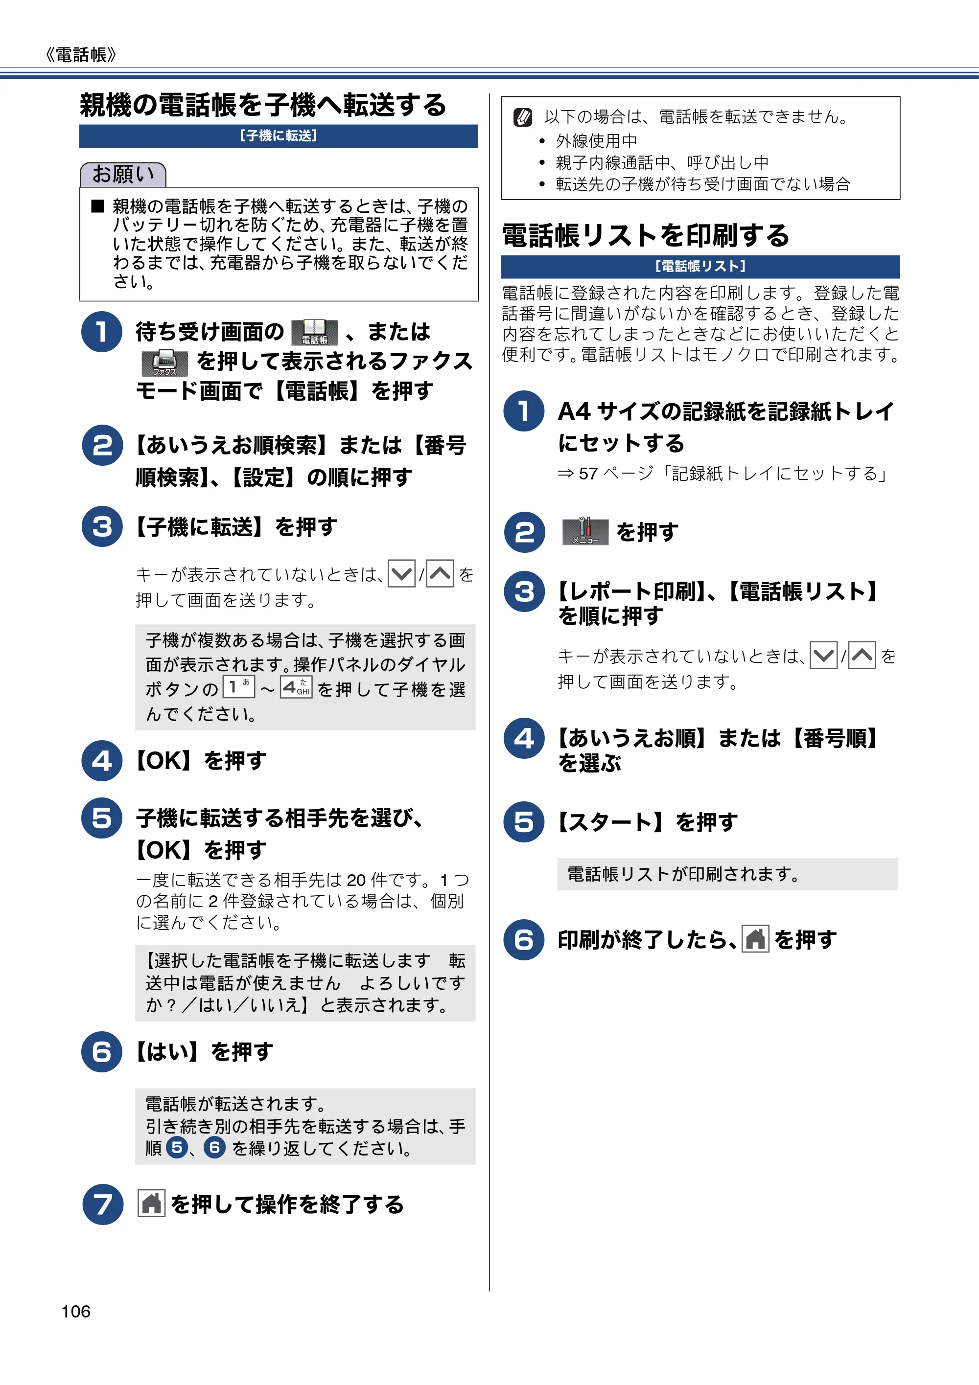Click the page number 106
(x=75, y=1312)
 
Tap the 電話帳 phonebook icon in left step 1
(x=314, y=332)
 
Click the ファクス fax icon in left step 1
(x=164, y=363)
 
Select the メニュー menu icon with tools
(x=584, y=531)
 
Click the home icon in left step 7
(x=151, y=1204)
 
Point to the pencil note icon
(x=522, y=117)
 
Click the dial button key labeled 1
(x=239, y=687)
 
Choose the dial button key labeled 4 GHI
(x=296, y=687)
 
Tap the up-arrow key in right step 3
(x=862, y=656)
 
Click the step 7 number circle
(x=103, y=1204)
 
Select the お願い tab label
(x=123, y=174)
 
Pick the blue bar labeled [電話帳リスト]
(x=700, y=267)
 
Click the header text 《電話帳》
(x=80, y=55)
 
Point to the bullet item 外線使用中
(x=596, y=141)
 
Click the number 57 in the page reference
(x=588, y=474)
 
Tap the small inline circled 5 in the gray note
(x=177, y=1147)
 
